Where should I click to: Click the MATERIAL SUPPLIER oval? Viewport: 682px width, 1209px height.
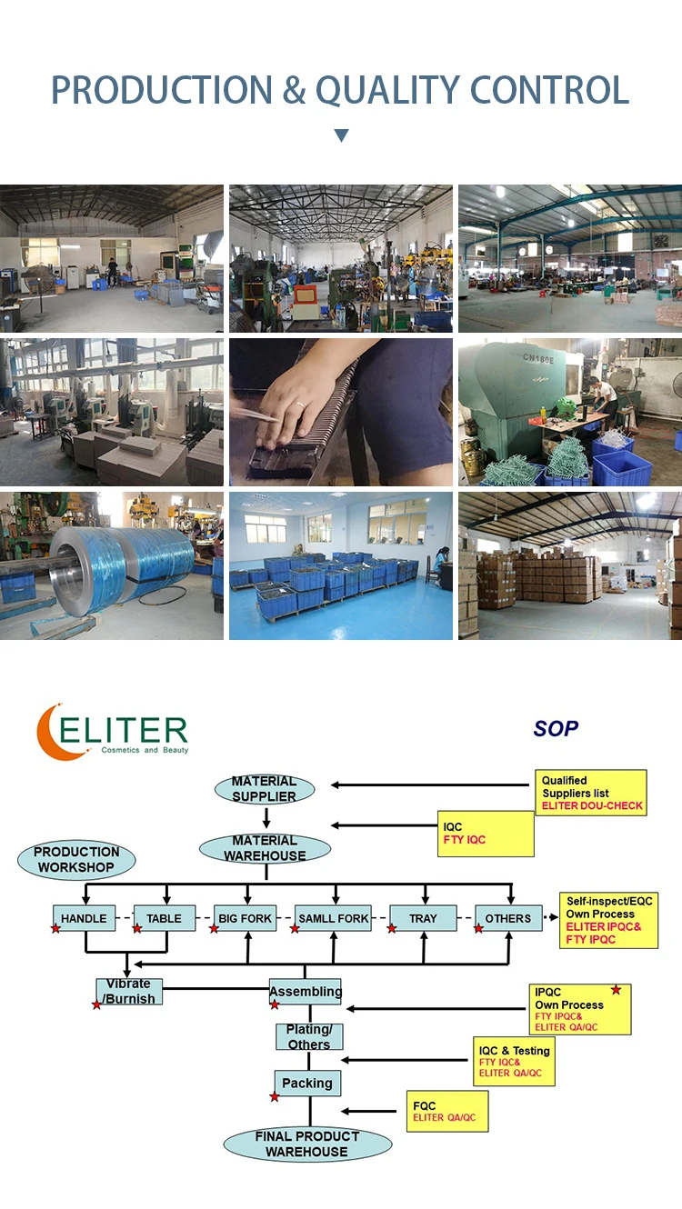264,789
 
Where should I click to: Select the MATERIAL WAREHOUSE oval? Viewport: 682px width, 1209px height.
265,848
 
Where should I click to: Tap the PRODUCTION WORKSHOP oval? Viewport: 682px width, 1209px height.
76,860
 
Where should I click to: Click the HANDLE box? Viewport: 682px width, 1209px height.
85,918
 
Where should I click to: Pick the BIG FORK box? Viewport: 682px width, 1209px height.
245,918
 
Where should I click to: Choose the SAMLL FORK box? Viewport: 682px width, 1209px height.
334,918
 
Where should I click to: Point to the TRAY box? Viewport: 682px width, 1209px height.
422,918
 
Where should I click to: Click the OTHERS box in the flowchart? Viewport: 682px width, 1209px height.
507,918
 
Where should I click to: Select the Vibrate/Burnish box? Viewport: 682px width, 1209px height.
129,991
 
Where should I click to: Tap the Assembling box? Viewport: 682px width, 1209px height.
306,991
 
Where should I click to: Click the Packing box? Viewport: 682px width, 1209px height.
307,1083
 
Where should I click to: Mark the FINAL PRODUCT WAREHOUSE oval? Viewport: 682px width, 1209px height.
306,1144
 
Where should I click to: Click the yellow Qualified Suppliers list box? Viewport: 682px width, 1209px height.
590,793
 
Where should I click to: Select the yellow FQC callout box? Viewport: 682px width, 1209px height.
446,1111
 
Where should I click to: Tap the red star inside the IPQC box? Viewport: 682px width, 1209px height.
616,989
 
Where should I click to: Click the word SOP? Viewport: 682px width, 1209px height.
556,729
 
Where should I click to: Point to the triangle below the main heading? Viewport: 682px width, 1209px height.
341,135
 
